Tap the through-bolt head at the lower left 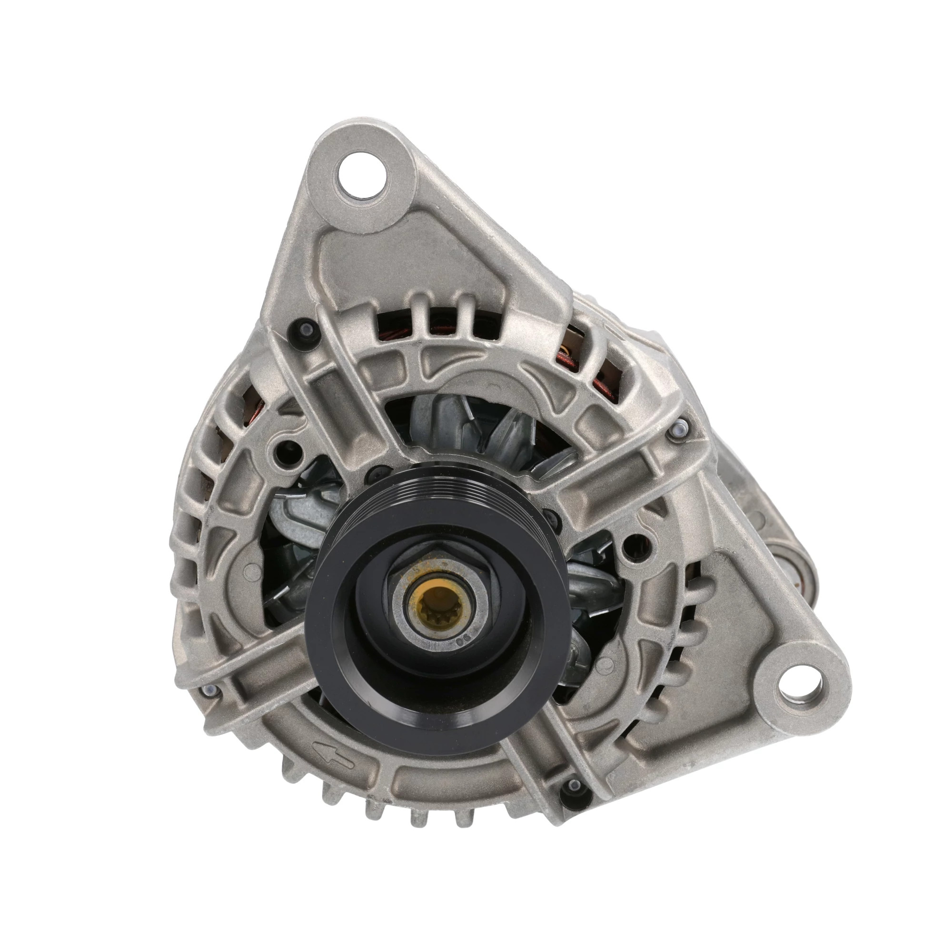pyautogui.click(x=210, y=690)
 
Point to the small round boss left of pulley pyautogui.click(x=252, y=571)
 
